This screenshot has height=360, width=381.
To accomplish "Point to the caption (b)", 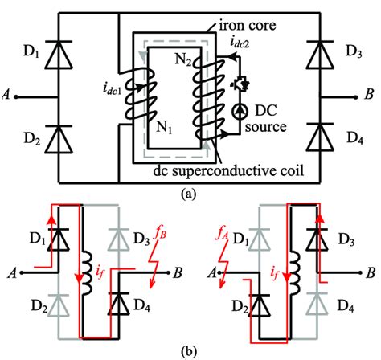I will click(190, 350).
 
